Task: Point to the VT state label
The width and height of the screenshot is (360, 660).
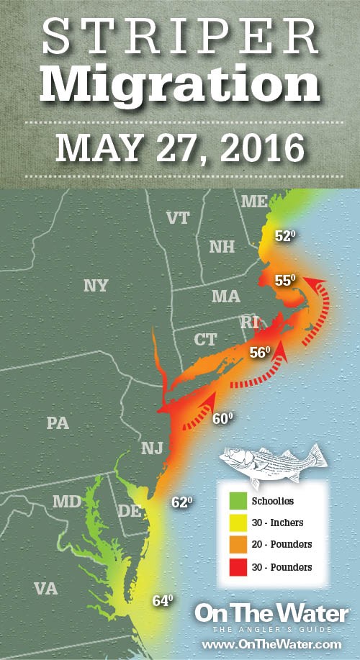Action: pyautogui.click(x=178, y=218)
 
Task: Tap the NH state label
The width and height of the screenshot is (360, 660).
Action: pyautogui.click(x=222, y=247)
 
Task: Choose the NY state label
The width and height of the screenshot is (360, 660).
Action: pyautogui.click(x=96, y=286)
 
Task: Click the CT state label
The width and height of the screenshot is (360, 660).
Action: pyautogui.click(x=207, y=339)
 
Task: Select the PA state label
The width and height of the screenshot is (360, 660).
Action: pyautogui.click(x=57, y=422)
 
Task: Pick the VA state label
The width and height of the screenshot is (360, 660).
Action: pyautogui.click(x=45, y=588)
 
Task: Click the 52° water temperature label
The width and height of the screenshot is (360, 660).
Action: pyautogui.click(x=286, y=235)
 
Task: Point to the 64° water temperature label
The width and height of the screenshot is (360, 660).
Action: pyautogui.click(x=163, y=600)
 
